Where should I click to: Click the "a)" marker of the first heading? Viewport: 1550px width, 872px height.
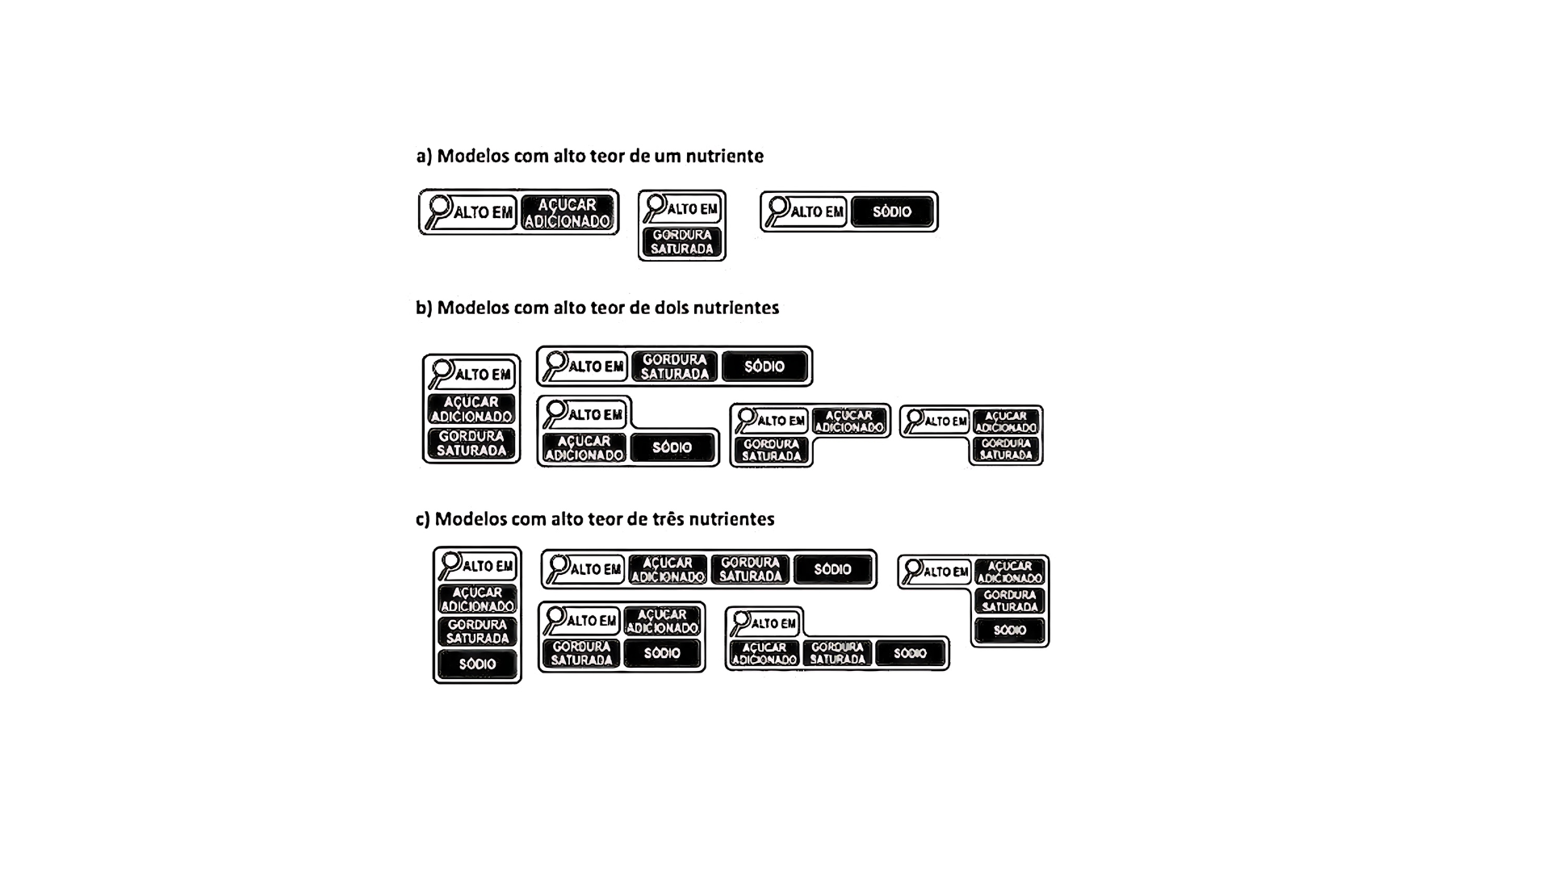425,156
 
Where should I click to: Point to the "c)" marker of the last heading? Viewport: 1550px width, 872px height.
423,519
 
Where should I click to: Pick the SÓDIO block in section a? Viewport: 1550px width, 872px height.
892,212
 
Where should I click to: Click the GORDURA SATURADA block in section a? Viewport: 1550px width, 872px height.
682,242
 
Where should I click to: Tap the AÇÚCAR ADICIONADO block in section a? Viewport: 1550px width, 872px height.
568,212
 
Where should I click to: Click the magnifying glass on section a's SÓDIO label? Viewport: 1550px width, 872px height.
777,210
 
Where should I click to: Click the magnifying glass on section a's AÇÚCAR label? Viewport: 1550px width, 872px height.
438,211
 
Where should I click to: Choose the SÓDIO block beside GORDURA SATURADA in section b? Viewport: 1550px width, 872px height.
765,367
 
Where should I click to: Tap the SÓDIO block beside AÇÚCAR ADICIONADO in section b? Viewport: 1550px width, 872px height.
672,447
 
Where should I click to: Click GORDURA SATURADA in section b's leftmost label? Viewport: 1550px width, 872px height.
471,443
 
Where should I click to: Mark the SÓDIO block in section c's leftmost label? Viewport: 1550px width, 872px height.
477,664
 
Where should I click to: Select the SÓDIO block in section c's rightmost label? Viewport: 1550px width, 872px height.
1010,630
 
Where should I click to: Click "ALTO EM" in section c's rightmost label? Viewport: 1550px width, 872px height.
947,572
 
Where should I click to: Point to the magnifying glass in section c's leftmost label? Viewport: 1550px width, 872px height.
450,564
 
